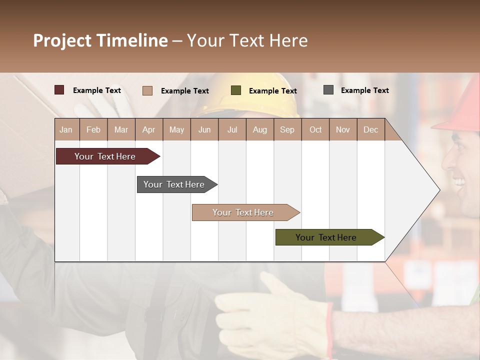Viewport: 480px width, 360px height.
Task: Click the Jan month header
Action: pos(66,129)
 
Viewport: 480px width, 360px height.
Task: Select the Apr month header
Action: pos(148,129)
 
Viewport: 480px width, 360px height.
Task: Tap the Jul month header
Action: pos(232,129)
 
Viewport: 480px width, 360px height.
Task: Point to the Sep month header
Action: pos(287,129)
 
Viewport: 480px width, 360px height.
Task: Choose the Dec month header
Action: pos(370,129)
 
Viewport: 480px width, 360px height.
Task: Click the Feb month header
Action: pos(93,129)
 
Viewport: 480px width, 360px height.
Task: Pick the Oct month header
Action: pos(315,129)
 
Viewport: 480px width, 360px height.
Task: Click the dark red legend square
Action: pos(59,90)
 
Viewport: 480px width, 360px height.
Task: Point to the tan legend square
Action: pos(147,90)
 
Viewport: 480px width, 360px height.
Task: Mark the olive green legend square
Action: pos(236,90)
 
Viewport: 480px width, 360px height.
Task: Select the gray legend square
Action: pos(328,90)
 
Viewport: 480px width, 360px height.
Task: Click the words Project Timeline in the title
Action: pos(100,40)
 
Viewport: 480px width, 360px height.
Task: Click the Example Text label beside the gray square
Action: pos(364,90)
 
